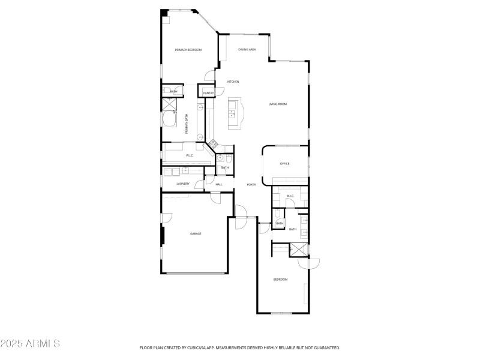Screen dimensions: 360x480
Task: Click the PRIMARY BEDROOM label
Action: coord(188,50)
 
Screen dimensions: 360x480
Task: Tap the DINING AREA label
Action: coord(247,50)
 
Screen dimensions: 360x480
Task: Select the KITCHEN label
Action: coord(233,82)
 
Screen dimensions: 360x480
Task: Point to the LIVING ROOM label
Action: coord(277,104)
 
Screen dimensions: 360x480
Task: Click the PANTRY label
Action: coord(208,93)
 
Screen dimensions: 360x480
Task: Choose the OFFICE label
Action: coord(285,163)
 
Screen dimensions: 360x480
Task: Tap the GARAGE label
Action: coord(196,233)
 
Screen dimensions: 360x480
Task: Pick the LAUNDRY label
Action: coord(183,184)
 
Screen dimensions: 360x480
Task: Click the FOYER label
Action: coord(251,184)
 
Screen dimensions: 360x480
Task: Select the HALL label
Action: coord(219,184)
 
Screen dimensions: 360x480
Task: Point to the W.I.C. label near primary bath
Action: coord(190,156)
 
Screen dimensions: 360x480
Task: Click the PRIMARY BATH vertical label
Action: coord(186,124)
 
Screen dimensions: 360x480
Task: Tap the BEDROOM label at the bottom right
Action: coord(281,280)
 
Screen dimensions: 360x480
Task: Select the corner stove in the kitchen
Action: coord(212,144)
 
